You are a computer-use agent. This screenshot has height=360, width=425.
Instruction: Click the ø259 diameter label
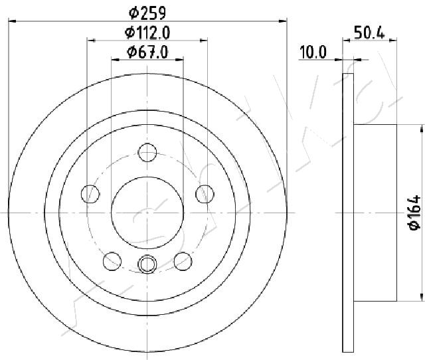(147, 12)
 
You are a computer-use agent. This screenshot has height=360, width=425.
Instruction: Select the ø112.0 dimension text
(147, 32)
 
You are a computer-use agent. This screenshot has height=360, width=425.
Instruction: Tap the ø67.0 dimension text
(147, 52)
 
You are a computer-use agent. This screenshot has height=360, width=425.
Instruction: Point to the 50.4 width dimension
(370, 32)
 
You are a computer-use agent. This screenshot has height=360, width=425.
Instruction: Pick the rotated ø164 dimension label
(414, 212)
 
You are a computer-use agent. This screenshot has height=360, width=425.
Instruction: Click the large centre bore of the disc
(147, 211)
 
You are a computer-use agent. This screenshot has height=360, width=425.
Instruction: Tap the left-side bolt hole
(90, 194)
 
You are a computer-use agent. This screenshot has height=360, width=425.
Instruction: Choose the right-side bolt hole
(205, 194)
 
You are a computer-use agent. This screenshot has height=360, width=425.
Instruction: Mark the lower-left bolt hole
(112, 259)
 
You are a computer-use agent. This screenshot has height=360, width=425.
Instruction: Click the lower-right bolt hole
(181, 259)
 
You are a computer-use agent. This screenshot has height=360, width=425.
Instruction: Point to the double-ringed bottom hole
(147, 264)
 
